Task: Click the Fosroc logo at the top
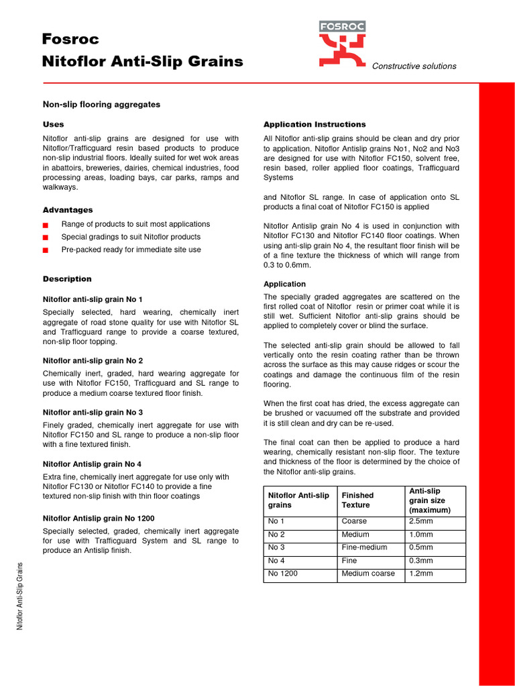(x=342, y=44)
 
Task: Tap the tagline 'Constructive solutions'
(x=414, y=66)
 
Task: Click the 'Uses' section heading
(x=54, y=125)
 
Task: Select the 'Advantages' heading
(x=68, y=210)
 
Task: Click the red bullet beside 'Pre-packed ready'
(x=46, y=250)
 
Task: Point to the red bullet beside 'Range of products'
(x=46, y=225)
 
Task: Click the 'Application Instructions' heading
(x=314, y=125)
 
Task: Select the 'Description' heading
(x=67, y=279)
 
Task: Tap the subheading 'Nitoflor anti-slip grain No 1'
(x=93, y=299)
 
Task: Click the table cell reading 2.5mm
(x=421, y=521)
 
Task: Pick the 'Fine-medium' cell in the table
(x=364, y=547)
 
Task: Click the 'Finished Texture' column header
(x=357, y=500)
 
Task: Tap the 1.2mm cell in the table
(x=421, y=574)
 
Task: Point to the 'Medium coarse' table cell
(x=368, y=574)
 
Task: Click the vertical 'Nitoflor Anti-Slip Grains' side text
(x=21, y=595)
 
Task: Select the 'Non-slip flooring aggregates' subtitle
(x=101, y=105)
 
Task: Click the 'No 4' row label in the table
(x=276, y=560)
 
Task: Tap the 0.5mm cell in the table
(x=421, y=547)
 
